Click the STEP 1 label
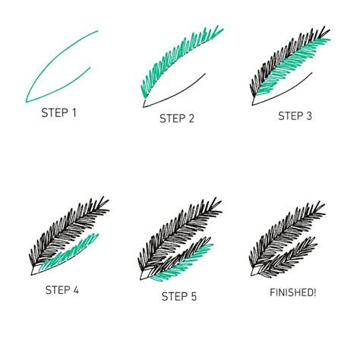[x=59, y=114]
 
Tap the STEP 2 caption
[x=178, y=118]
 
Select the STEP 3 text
[x=295, y=115]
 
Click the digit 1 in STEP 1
[x=74, y=114]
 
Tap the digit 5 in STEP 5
[x=195, y=295]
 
